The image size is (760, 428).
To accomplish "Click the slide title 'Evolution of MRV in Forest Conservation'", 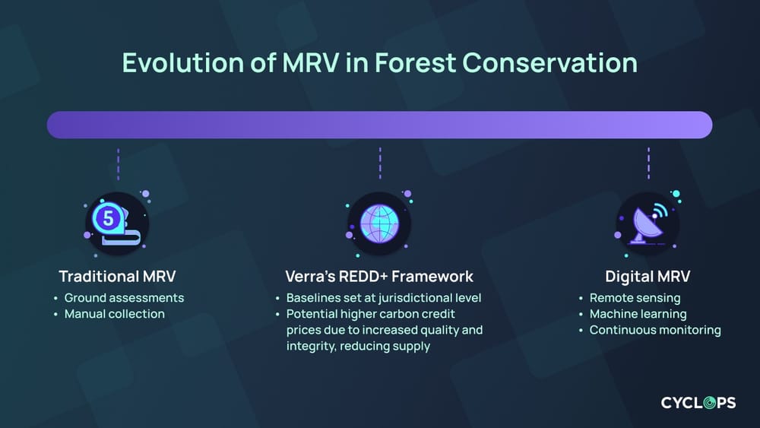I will coord(379,62).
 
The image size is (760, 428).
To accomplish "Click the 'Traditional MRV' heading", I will coord(117,276).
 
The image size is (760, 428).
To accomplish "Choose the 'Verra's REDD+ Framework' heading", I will coord(379,276).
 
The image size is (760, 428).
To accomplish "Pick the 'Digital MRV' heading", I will coord(647,276).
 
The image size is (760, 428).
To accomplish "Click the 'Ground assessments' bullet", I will coord(124,298).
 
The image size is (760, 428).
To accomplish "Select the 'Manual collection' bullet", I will coord(114,314).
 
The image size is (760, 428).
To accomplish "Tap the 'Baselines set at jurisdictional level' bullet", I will coord(384,298).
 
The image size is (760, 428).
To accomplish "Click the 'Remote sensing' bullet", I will coord(635,298).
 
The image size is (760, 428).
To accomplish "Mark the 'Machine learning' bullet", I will coord(638,314).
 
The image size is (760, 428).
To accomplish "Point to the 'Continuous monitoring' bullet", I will coord(655,330).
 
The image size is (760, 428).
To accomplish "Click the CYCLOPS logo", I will coord(698,403).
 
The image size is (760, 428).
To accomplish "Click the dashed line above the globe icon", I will coord(379,163).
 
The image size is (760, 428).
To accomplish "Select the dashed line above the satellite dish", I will coord(648,163).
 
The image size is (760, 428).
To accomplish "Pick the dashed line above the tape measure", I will coord(118,163).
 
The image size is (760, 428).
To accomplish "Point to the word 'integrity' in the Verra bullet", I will coord(309,346).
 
